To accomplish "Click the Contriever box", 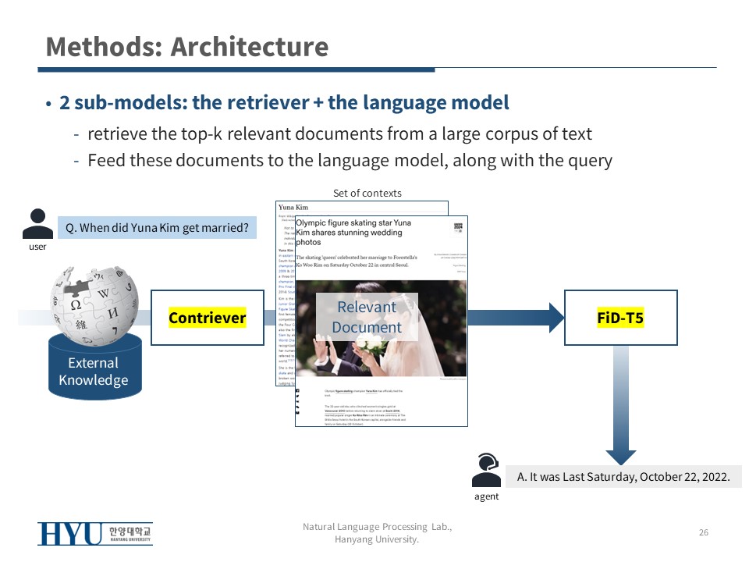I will tap(208, 318).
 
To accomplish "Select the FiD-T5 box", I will tap(620, 318).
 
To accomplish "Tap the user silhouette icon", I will tap(37, 224).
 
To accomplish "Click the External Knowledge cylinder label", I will tap(94, 372).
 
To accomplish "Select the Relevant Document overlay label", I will tap(367, 317).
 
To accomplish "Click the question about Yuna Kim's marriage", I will tap(157, 228).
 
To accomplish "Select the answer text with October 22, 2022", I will tap(624, 477).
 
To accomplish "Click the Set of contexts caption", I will tap(367, 193).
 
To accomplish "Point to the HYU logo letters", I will tap(70, 534).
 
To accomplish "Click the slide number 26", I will tap(703, 532).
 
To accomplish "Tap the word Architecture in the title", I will tap(250, 47).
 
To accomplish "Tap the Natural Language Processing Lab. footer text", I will tap(377, 527).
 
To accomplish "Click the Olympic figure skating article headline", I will tap(353, 232).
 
